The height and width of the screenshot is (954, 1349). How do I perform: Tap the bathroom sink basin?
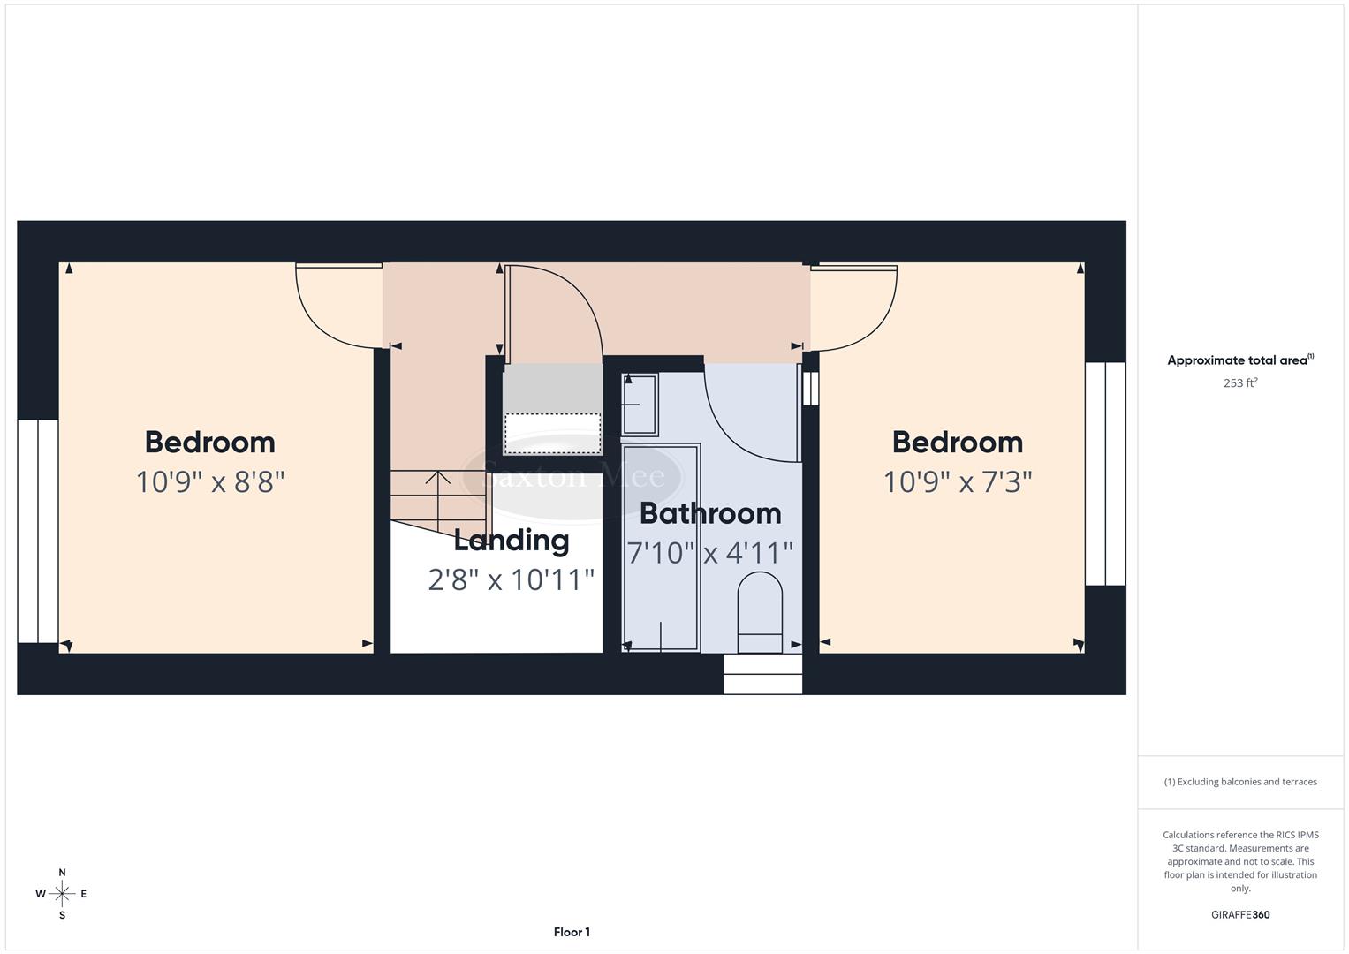[x=640, y=405]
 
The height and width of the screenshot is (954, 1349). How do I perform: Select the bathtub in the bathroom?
[x=661, y=548]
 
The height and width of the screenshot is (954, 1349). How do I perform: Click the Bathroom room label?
[x=710, y=513]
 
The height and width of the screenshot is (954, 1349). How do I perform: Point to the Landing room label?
[x=512, y=540]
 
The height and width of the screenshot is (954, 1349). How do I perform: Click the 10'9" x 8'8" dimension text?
[x=210, y=482]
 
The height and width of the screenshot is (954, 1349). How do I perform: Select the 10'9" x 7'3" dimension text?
[x=958, y=482]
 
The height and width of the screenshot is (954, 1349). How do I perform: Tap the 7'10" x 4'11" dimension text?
[x=710, y=553]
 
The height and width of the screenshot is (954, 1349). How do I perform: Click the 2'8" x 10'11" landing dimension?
[x=512, y=579]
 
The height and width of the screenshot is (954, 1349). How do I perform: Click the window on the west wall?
[x=37, y=531]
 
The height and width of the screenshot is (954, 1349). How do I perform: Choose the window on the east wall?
[x=1105, y=473]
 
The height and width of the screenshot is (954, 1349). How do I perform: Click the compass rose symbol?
[x=62, y=894]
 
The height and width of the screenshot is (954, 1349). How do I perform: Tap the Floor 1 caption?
[x=572, y=932]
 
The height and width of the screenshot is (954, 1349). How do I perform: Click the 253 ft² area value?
[x=1240, y=383]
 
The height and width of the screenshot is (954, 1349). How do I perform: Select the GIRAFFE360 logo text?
[x=1240, y=915]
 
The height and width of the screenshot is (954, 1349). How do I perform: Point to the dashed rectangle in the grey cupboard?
[x=552, y=433]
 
